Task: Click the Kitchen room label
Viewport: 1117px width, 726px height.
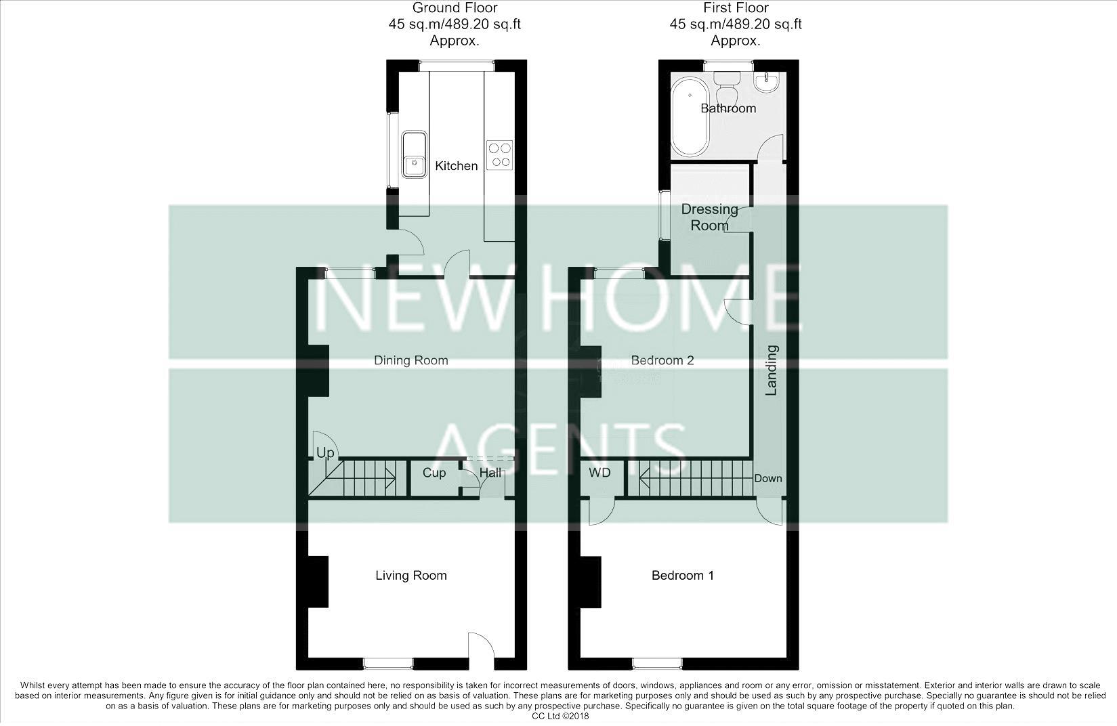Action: (x=456, y=166)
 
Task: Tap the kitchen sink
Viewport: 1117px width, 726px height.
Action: (x=414, y=154)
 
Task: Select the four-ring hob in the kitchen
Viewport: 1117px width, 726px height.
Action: (x=500, y=154)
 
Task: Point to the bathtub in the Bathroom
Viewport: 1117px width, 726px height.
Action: (x=690, y=116)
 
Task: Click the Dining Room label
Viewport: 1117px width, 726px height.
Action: (x=410, y=360)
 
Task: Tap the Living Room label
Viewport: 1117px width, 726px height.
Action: (x=410, y=576)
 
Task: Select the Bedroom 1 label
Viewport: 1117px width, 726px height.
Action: (x=682, y=576)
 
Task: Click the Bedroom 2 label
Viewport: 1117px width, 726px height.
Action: (x=662, y=360)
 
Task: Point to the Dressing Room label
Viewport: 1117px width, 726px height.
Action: (x=709, y=217)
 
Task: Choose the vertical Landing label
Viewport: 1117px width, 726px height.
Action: (x=771, y=370)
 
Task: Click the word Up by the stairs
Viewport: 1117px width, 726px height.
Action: (x=325, y=452)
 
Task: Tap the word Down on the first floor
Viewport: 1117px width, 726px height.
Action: (x=767, y=478)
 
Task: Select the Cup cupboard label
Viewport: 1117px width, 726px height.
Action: (x=434, y=473)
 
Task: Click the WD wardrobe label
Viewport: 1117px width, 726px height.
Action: (x=599, y=473)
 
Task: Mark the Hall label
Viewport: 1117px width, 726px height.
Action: (x=490, y=473)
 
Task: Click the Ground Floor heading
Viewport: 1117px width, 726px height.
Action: (x=455, y=8)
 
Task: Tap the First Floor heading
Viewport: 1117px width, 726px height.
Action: (x=735, y=8)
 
